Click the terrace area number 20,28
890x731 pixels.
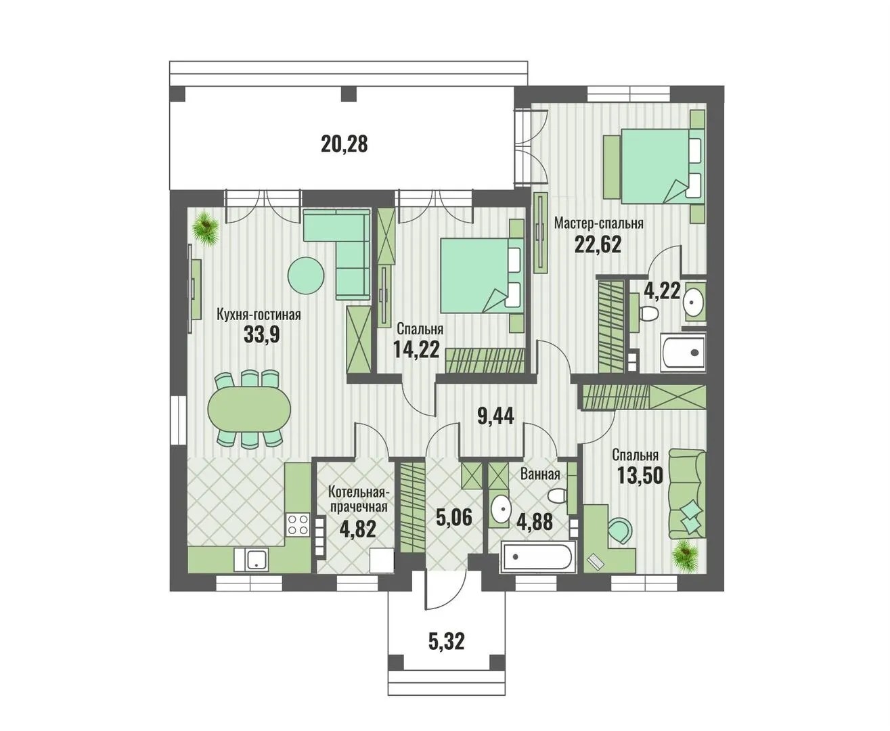click(x=344, y=143)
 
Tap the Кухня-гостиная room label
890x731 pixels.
click(x=259, y=315)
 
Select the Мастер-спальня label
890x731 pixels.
click(x=599, y=223)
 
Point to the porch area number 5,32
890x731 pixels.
click(x=447, y=640)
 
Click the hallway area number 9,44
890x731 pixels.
click(x=495, y=416)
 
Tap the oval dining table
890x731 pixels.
click(x=249, y=407)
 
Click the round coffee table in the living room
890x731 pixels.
click(x=306, y=275)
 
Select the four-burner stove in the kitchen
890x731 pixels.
click(x=298, y=525)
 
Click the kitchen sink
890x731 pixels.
click(x=250, y=559)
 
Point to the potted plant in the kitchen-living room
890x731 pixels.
click(x=206, y=228)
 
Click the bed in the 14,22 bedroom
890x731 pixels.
click(x=481, y=275)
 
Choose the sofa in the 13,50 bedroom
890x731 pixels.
click(x=688, y=493)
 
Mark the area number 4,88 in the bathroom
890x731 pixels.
click(x=534, y=522)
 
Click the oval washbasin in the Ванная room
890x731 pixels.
click(x=501, y=509)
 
